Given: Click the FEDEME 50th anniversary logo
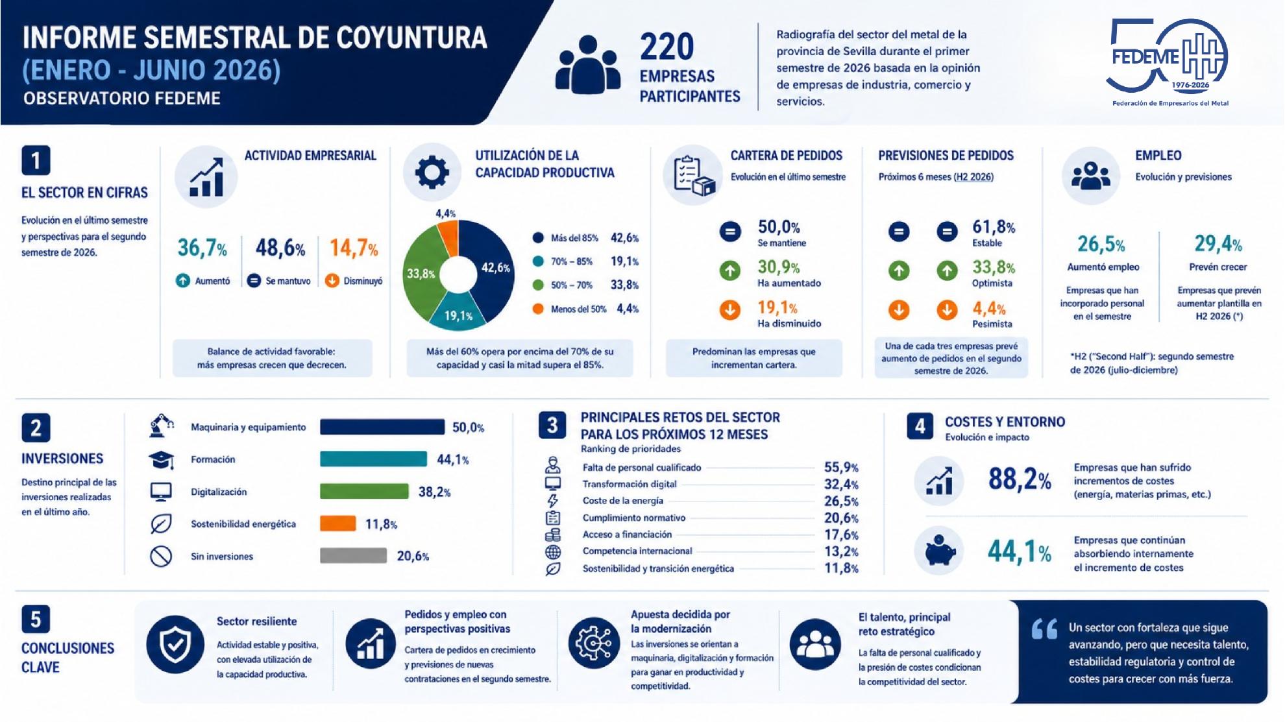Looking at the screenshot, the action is point(1168,62).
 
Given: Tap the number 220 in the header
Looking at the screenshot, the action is point(667,47).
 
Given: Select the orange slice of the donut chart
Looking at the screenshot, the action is point(448,237).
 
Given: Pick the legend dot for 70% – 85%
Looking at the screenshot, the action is point(538,261).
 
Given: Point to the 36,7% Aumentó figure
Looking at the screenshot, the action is point(202,248).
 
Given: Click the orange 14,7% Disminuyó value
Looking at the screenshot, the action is point(354,248).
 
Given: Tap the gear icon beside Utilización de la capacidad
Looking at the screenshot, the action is point(432,173).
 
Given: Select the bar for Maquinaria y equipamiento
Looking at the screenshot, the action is point(382,427).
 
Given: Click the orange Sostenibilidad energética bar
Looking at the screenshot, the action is point(338,523).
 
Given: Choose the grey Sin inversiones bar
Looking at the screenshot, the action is point(353,556).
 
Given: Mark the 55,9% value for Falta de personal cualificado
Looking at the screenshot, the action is point(841,467).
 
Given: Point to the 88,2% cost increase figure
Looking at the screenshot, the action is point(1020,479).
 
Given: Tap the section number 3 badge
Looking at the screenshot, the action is point(552,426).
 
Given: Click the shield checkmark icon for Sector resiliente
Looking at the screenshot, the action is point(175,644).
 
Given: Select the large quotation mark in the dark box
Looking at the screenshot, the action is point(1044,629).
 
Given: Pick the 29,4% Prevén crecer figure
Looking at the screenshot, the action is point(1218,244).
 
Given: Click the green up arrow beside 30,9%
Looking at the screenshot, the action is point(730,271).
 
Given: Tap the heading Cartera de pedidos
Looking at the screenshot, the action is point(787,156).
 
